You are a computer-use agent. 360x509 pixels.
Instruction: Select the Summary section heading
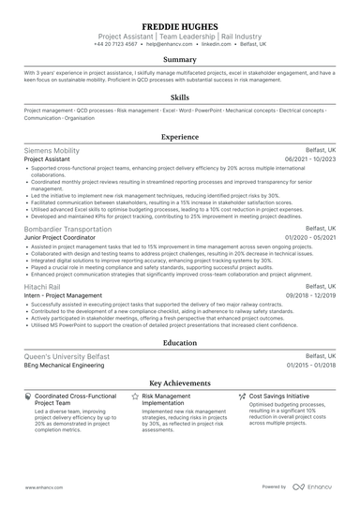(x=180, y=58)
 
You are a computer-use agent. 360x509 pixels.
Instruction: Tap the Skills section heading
(x=180, y=97)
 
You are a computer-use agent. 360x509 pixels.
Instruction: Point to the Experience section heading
(x=180, y=136)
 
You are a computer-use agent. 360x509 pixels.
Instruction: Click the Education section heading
(x=180, y=343)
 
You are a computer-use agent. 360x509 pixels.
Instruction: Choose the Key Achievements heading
(x=180, y=382)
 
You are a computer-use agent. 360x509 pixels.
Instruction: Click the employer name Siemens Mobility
(x=52, y=150)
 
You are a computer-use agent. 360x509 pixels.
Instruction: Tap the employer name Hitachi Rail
(x=46, y=286)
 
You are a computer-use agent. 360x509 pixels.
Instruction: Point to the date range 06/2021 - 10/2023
(x=308, y=159)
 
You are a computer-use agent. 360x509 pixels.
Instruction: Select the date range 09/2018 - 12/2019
(x=308, y=295)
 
